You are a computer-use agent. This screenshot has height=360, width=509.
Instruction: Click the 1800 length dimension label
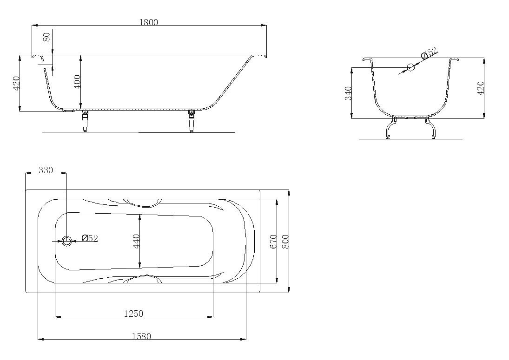coord(149,22)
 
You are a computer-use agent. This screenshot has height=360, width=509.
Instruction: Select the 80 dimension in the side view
coord(47,37)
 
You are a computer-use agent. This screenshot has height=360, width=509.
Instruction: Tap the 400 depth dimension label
coord(77,82)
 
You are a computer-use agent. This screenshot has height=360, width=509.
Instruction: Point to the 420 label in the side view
coord(16,83)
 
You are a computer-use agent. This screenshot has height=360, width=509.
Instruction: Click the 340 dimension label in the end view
coord(348,93)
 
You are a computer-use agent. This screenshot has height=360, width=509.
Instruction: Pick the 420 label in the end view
coord(481,88)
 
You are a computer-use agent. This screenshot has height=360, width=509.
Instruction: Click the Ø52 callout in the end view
coord(429,53)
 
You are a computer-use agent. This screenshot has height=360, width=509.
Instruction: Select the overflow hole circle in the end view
coord(411,67)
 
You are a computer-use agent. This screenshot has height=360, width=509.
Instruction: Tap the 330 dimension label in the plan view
coord(46,170)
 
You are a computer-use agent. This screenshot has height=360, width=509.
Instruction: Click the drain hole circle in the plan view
coord(67,241)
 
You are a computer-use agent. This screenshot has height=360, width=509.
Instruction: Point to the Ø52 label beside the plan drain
coord(90,238)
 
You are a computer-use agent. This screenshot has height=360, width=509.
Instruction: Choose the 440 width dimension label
coord(136,241)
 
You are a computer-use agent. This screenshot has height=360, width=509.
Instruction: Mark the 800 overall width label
coord(285,242)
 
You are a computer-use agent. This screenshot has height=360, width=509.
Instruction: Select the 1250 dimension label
coord(133,314)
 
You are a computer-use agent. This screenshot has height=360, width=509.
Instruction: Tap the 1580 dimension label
coord(141,336)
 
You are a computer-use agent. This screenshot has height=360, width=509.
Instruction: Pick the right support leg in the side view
coord(191,121)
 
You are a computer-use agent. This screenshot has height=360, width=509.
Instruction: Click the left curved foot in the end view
coord(390,127)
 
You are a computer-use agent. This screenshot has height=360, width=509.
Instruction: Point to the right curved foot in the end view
coord(430,127)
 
